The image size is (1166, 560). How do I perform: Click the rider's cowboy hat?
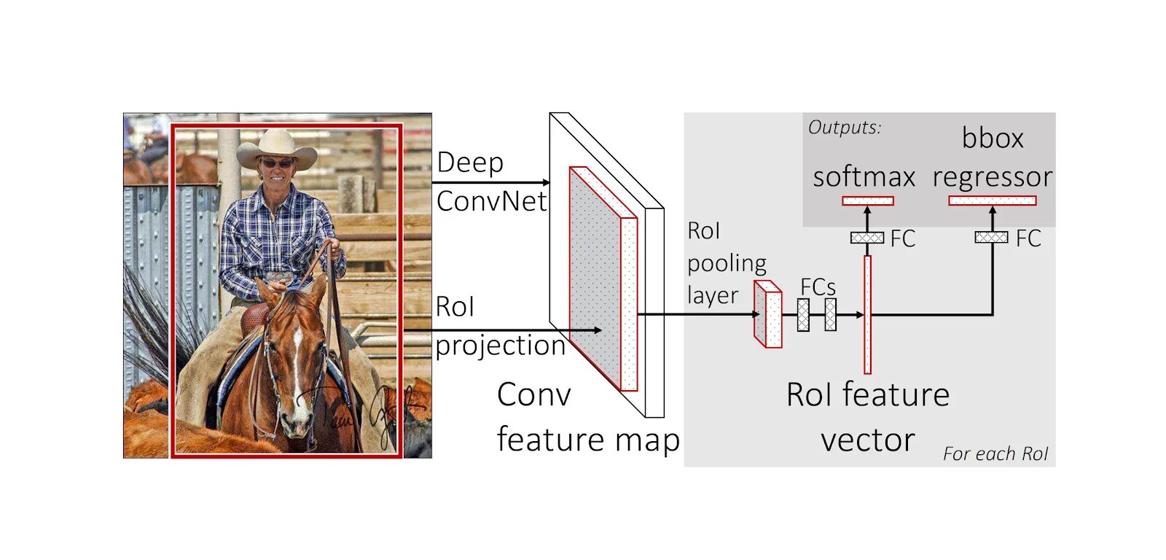276,147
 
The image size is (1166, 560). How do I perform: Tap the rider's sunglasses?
277,163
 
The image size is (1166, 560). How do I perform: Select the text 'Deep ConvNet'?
490,182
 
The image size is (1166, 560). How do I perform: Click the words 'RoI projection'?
499,326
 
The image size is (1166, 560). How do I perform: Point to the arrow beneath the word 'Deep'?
491,182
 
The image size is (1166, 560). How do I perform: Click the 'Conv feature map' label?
587,417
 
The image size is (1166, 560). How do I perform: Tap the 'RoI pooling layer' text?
726,263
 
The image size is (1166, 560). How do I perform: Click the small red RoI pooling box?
767,314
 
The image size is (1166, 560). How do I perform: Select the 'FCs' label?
818,287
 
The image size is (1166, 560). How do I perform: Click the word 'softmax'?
864,177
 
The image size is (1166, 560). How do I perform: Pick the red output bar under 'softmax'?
867,201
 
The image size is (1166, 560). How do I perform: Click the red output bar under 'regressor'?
992,201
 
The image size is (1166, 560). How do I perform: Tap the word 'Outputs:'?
844,128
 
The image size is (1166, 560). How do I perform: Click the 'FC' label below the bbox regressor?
1028,238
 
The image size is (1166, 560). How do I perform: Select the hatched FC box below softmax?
866,238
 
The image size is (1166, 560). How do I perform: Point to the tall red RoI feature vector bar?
867,314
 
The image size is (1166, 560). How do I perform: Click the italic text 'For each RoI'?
995,454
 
